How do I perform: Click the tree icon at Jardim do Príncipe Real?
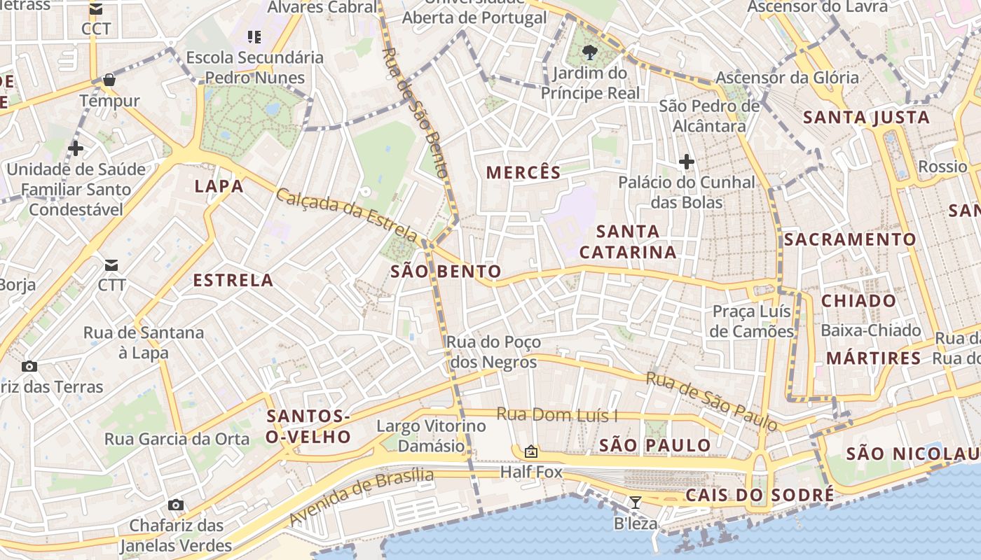pyautogui.click(x=589, y=51)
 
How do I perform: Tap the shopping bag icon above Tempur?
pyautogui.click(x=109, y=80)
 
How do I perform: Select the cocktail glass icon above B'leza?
pyautogui.click(x=636, y=502)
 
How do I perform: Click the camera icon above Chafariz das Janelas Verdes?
pyautogui.click(x=176, y=505)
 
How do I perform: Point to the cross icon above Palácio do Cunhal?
pyautogui.click(x=687, y=162)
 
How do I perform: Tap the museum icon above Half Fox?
pyautogui.click(x=530, y=451)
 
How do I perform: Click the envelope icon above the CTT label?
pyautogui.click(x=111, y=265)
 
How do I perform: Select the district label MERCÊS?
pyautogui.click(x=523, y=172)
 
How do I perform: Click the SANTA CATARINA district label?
pyautogui.click(x=628, y=241)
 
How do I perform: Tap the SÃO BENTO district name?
pyautogui.click(x=446, y=272)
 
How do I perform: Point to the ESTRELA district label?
pyautogui.click(x=233, y=281)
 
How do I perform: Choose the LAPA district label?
pyautogui.click(x=219, y=186)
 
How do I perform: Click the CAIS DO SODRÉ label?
pyautogui.click(x=760, y=495)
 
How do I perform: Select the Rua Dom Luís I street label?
pyautogui.click(x=557, y=414)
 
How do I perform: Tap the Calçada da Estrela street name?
pyautogui.click(x=347, y=214)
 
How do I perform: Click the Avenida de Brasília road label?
pyautogui.click(x=361, y=497)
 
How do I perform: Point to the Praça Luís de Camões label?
pyautogui.click(x=751, y=321)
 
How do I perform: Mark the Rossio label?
pyautogui.click(x=942, y=167)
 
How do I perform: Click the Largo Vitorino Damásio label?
pyautogui.click(x=431, y=435)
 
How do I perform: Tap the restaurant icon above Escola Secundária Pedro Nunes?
pyautogui.click(x=254, y=36)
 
